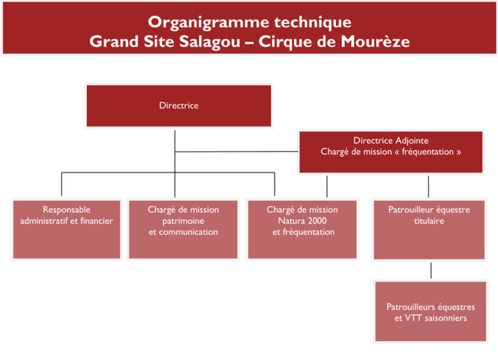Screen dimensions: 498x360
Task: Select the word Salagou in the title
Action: (209, 42)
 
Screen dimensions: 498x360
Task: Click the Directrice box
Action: (179, 106)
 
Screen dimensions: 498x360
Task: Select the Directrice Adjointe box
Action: (391, 152)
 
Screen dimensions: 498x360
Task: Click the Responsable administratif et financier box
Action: (67, 229)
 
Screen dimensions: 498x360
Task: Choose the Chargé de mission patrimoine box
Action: (184, 229)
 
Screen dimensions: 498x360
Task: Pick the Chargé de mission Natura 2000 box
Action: (302, 229)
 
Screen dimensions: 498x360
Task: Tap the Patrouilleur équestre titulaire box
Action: (429, 230)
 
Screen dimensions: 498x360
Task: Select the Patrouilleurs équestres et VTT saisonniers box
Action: (431, 311)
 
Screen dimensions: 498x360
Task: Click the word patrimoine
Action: (184, 221)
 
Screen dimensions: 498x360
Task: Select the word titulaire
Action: (429, 221)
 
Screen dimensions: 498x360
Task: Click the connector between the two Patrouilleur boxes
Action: (431, 270)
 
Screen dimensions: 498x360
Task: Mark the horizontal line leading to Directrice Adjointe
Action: (237, 152)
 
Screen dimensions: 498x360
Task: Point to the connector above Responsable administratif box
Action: (62, 184)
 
